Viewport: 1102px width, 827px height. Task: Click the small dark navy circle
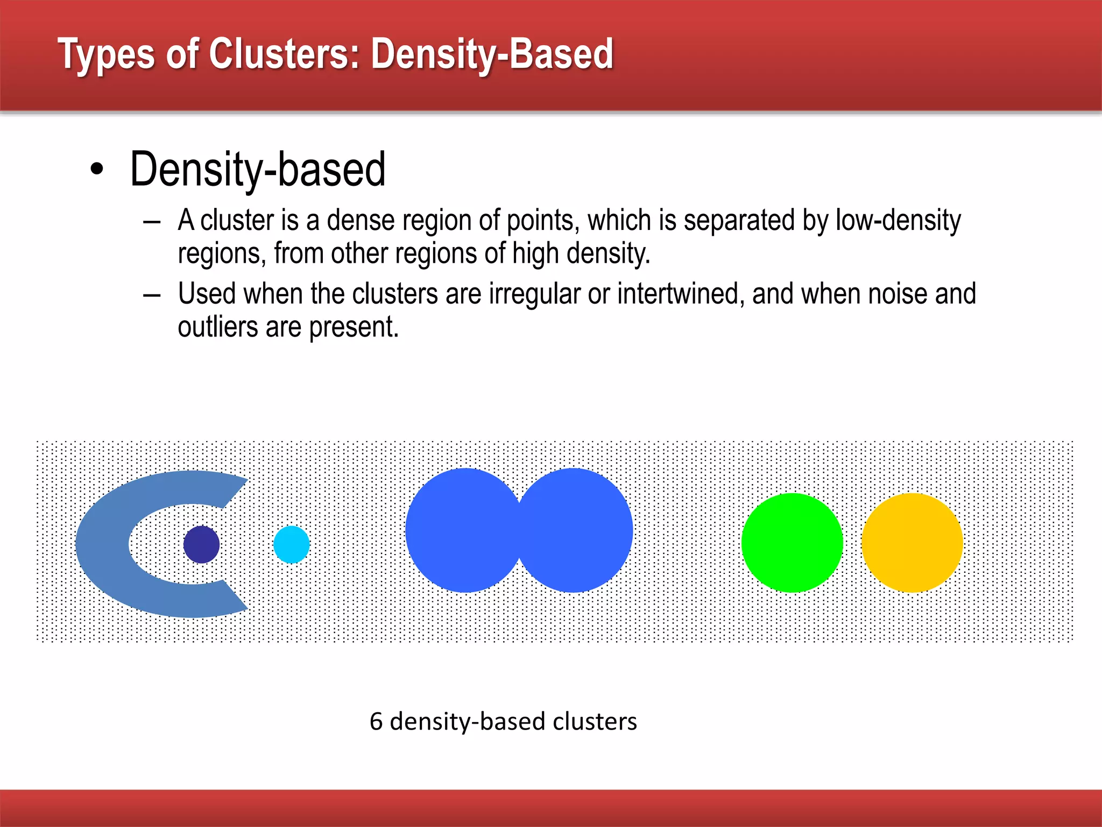tap(201, 544)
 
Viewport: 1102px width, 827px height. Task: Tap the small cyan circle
tap(292, 544)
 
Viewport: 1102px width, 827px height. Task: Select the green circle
tap(792, 543)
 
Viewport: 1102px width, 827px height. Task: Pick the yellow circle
tap(912, 543)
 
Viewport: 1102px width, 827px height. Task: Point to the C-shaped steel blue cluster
tap(102, 544)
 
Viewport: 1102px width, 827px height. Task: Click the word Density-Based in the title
tap(492, 54)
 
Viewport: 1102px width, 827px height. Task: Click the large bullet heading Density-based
tap(258, 170)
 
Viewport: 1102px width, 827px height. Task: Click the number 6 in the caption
tap(376, 721)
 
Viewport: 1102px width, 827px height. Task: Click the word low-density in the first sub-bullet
tap(898, 221)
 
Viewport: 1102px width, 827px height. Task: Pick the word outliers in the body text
tap(218, 327)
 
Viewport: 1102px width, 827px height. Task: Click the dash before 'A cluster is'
tap(152, 222)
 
